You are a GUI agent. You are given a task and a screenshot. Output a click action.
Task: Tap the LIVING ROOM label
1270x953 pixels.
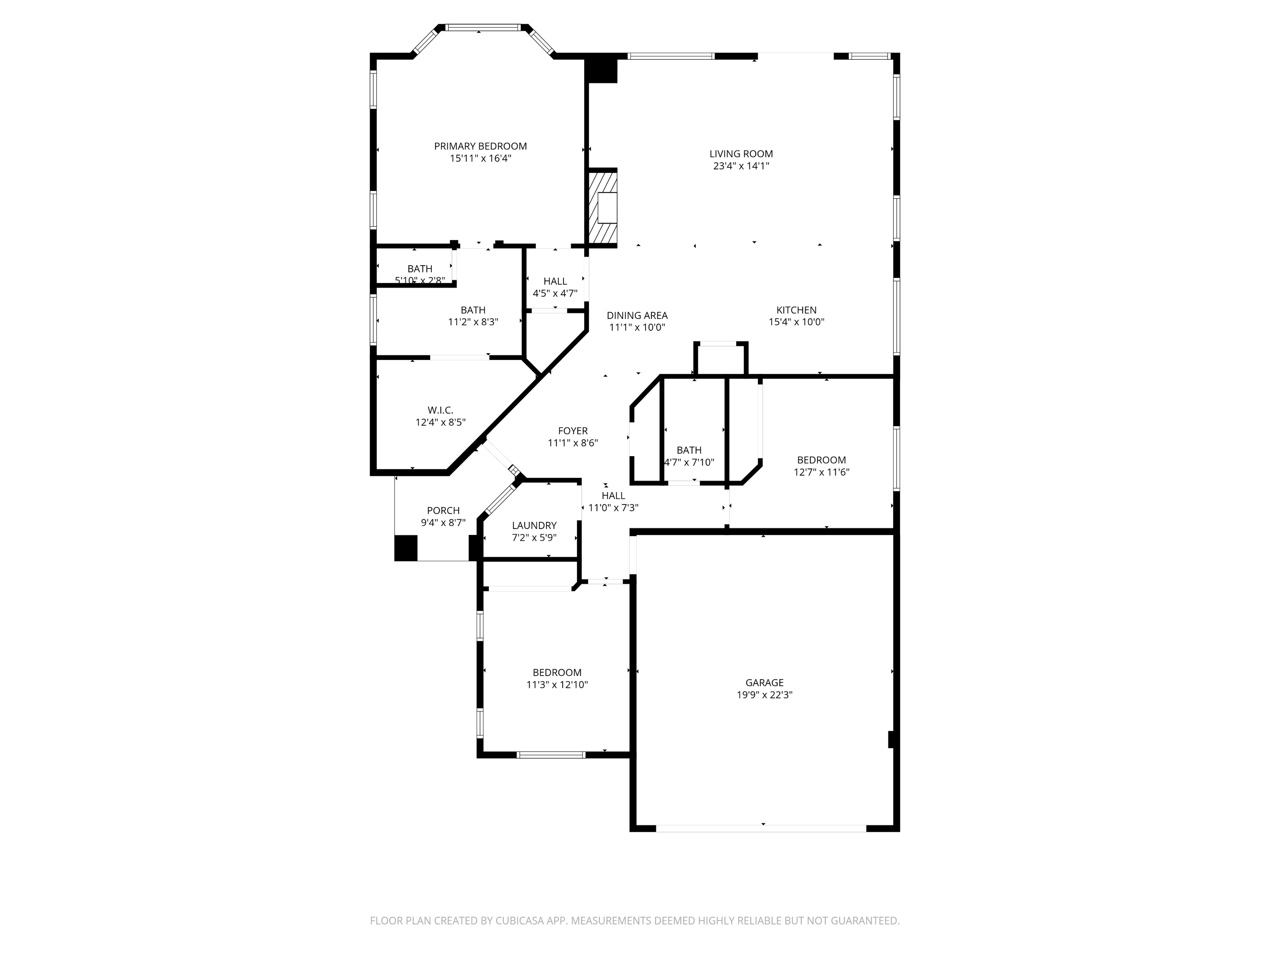click(741, 154)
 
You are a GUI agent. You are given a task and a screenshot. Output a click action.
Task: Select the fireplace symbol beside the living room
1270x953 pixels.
click(602, 208)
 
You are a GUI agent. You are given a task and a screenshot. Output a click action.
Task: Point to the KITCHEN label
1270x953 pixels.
click(796, 310)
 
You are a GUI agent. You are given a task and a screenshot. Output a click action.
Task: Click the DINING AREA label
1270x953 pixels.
click(637, 316)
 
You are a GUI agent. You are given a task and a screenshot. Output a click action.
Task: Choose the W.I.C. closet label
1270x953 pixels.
click(440, 410)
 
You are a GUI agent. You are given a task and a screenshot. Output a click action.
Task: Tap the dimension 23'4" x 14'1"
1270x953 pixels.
click(741, 166)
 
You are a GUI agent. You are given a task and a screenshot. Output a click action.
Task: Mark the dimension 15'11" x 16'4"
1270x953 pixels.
click(480, 158)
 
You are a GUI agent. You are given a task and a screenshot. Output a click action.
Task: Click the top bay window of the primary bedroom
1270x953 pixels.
click(483, 27)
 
